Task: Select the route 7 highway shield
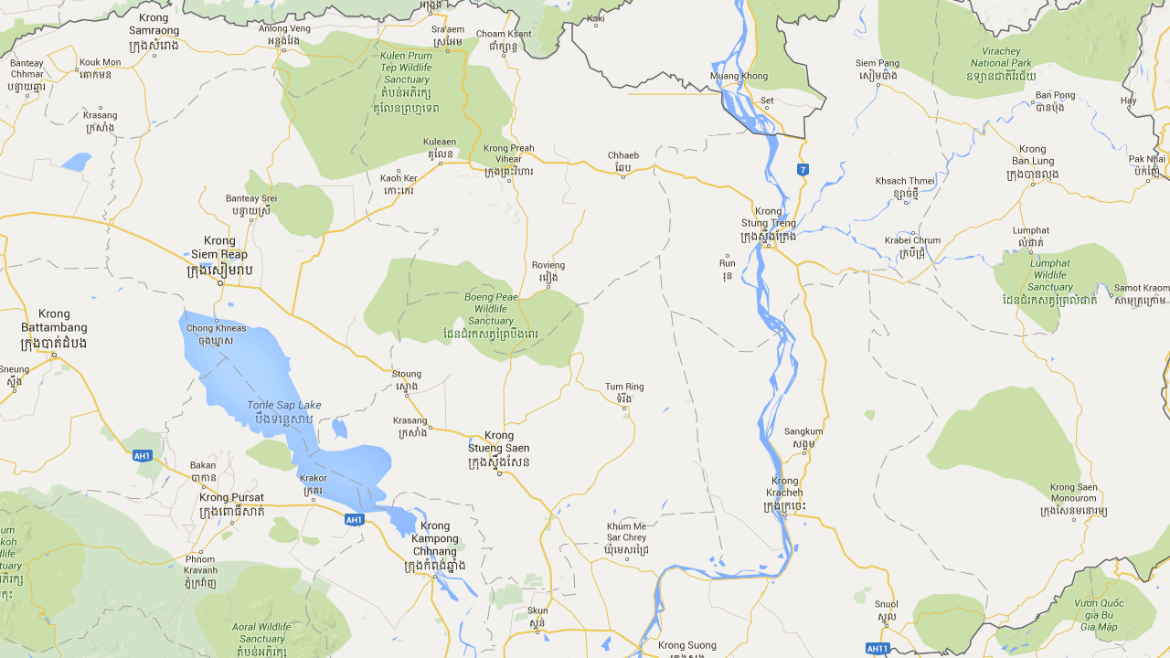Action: (802, 169)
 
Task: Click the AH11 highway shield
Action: (877, 648)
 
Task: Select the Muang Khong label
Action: (739, 75)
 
